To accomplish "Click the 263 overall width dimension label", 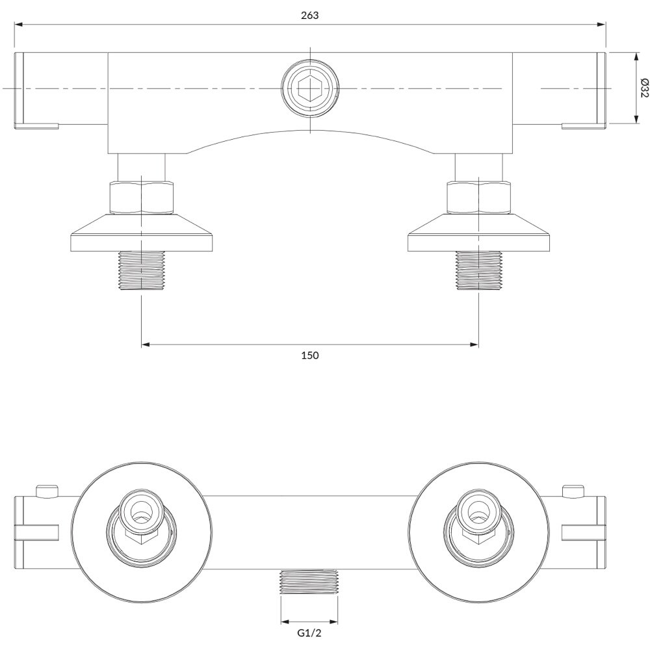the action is click(x=309, y=16).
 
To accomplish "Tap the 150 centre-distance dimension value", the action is click(x=309, y=356).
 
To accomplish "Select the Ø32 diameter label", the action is click(x=643, y=88).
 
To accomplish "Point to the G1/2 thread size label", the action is click(x=309, y=633).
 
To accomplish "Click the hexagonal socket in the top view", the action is click(x=310, y=88).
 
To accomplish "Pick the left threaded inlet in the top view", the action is click(x=142, y=270).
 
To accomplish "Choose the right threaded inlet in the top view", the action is click(x=478, y=270).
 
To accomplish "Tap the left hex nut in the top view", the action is click(x=141, y=198).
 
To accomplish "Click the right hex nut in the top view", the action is click(x=478, y=198).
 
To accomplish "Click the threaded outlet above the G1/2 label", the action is click(x=309, y=584).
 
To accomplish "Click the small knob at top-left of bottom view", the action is click(x=47, y=491).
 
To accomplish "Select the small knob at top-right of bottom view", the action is click(x=573, y=491).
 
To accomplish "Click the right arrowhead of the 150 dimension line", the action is click(x=474, y=344).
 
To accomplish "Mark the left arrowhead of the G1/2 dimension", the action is click(x=285, y=621).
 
